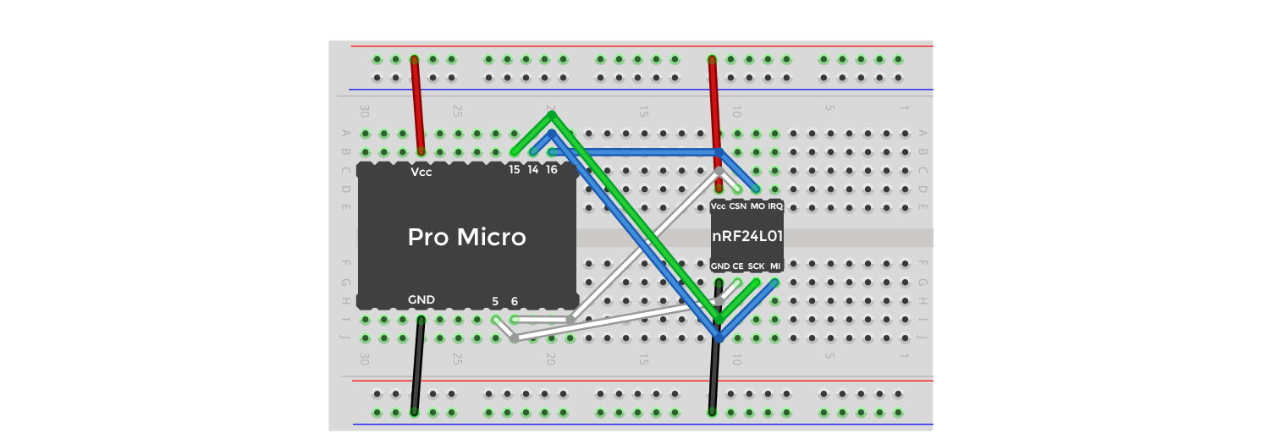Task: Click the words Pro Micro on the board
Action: [466, 238]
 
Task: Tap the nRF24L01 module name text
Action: [746, 237]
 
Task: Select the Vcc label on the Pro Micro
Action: [421, 172]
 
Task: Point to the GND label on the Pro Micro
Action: [421, 299]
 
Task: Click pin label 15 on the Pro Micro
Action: [515, 169]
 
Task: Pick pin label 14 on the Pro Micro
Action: [533, 169]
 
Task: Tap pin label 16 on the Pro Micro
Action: [552, 169]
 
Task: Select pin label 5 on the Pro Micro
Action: [496, 300]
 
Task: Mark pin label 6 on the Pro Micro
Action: [515, 300]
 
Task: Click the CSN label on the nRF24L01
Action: [737, 206]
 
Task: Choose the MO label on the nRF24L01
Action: [757, 206]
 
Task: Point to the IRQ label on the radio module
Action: [775, 206]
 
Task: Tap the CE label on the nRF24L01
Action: [738, 266]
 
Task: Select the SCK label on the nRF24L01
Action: [756, 266]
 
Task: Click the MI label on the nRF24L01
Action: [775, 266]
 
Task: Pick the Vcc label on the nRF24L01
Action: [719, 206]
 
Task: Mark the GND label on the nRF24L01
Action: [720, 266]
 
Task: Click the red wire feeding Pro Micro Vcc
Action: [417, 106]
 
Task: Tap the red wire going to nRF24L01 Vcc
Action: [714, 106]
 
